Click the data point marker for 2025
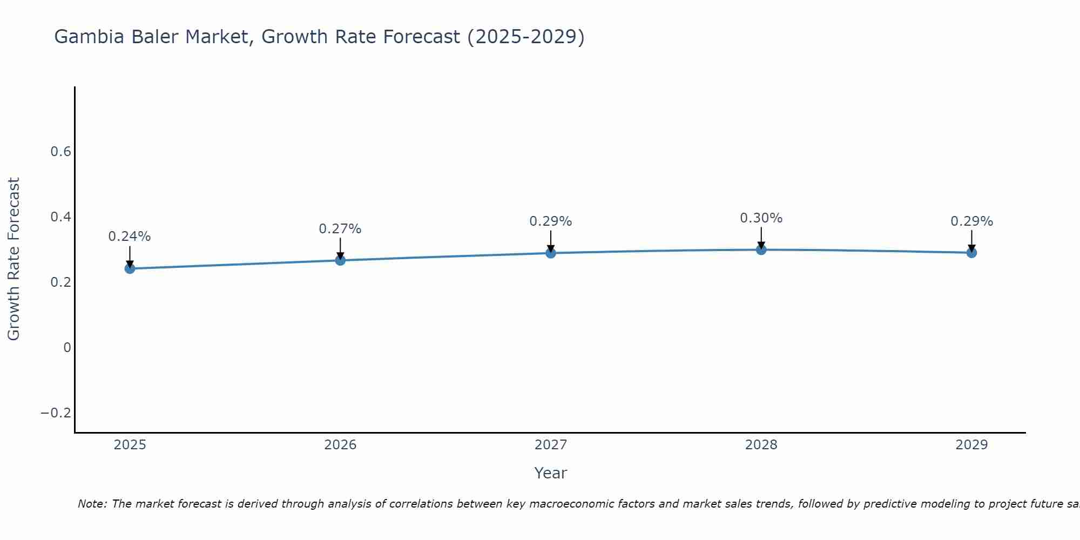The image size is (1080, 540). [x=130, y=268]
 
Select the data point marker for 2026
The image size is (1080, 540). [x=340, y=260]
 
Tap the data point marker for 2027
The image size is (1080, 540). [x=551, y=253]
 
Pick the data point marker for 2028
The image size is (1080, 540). [x=761, y=249]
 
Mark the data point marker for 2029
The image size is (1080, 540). [x=971, y=252]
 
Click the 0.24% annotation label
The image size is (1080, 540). [x=130, y=237]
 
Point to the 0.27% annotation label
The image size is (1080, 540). [x=340, y=229]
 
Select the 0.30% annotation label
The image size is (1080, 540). [x=761, y=218]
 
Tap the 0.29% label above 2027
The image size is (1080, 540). [x=551, y=221]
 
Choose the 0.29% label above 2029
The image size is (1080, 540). [x=971, y=221]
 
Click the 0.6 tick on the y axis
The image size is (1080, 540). [x=61, y=152]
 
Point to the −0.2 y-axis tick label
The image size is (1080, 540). [x=56, y=413]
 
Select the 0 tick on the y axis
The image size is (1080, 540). [x=67, y=348]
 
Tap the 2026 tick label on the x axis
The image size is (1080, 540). [x=340, y=445]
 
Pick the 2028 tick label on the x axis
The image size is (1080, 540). [x=761, y=445]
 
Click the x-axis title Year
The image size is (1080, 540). [x=550, y=473]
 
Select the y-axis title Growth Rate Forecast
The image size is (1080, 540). [x=13, y=259]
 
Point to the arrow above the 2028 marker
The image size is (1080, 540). [x=761, y=238]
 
